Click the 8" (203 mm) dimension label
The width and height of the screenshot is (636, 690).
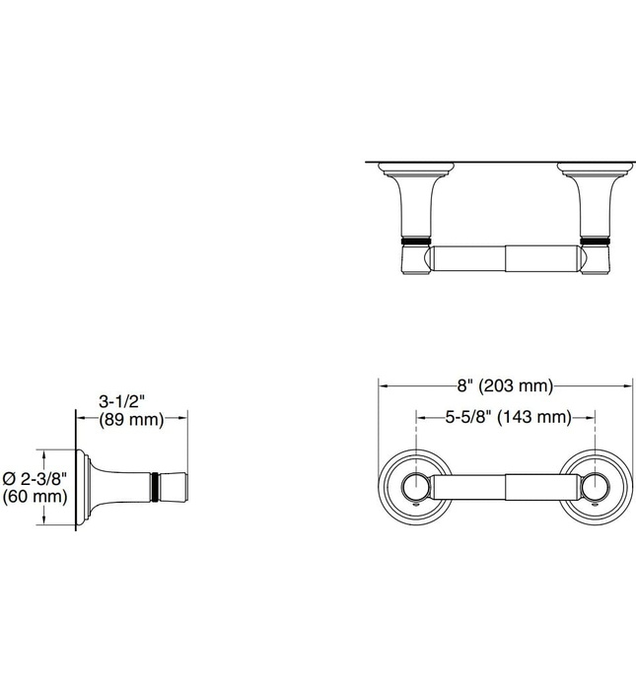pos(504,385)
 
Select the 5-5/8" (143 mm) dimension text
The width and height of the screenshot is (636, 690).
pos(507,417)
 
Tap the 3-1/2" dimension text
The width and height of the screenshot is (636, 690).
pos(123,401)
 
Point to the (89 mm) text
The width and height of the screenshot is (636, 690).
pos(130,420)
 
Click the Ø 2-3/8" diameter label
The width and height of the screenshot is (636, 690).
pos(35,477)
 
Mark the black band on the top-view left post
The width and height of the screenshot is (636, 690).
pos(415,240)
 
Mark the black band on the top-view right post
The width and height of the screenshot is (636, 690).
pos(596,240)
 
